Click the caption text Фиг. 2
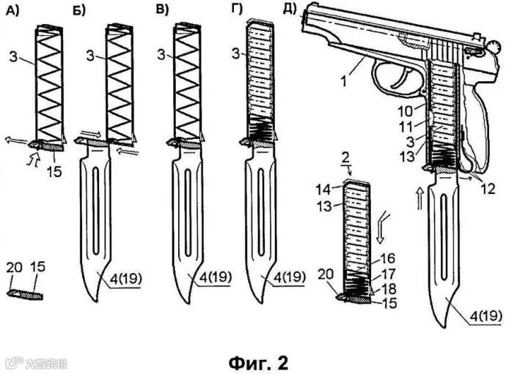coord(252,362)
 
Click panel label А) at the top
coord(12,10)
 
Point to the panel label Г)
coord(235,10)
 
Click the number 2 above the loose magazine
coord(345,158)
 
